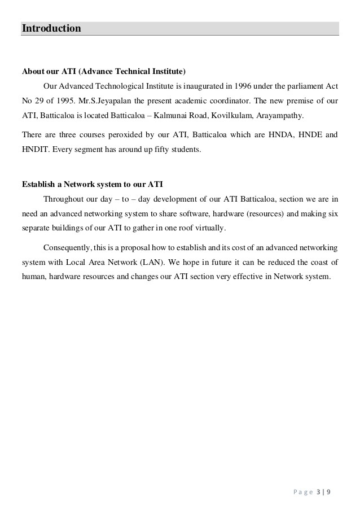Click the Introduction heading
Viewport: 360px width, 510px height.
(51, 28)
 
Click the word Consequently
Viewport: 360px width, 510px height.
(67, 247)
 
